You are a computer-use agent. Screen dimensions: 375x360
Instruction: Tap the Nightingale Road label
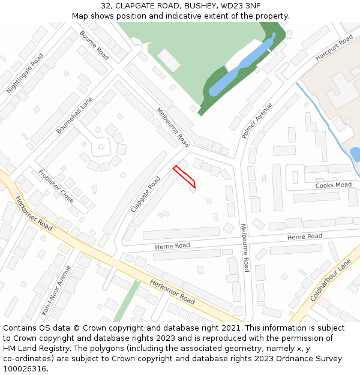(25, 73)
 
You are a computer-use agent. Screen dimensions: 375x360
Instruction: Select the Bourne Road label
(95, 45)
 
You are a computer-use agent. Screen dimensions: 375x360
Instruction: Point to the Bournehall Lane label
(75, 115)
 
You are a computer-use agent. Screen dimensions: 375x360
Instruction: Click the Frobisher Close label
(56, 186)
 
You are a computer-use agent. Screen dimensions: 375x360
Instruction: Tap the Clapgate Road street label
(146, 194)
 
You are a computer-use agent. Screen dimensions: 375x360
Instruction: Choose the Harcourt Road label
(334, 48)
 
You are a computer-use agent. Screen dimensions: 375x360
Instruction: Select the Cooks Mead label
(334, 185)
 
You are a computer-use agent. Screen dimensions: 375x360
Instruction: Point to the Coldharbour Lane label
(331, 281)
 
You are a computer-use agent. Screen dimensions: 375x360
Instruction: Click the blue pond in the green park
(240, 66)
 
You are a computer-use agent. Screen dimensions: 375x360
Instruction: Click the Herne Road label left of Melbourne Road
(172, 246)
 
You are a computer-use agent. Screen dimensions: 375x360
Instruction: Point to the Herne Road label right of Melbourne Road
(304, 237)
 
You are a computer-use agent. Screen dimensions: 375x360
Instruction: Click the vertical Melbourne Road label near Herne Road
(245, 248)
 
